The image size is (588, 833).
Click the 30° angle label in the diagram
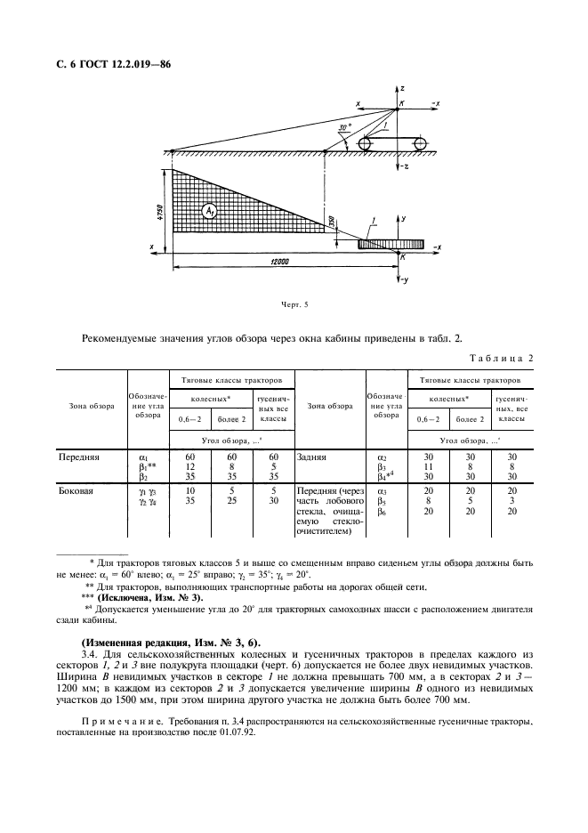tap(345, 128)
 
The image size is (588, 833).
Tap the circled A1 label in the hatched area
tap(211, 211)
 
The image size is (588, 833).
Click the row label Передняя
tap(79, 457)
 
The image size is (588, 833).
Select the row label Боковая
tap(77, 490)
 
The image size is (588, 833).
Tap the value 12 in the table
tap(189, 466)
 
